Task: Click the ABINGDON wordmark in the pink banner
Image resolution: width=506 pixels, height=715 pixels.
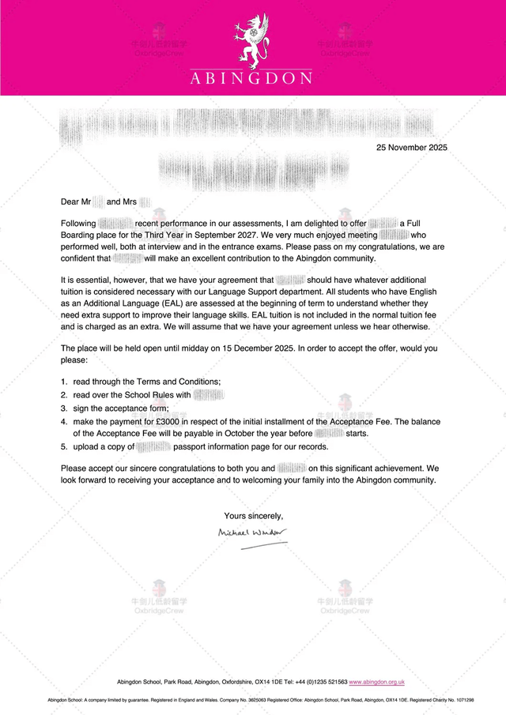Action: point(251,77)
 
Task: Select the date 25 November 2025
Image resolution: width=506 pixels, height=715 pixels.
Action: point(411,147)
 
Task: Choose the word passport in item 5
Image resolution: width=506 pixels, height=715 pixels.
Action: point(192,446)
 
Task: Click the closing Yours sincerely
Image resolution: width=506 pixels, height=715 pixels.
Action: point(253,516)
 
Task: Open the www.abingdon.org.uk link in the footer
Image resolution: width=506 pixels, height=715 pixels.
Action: point(376,681)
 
